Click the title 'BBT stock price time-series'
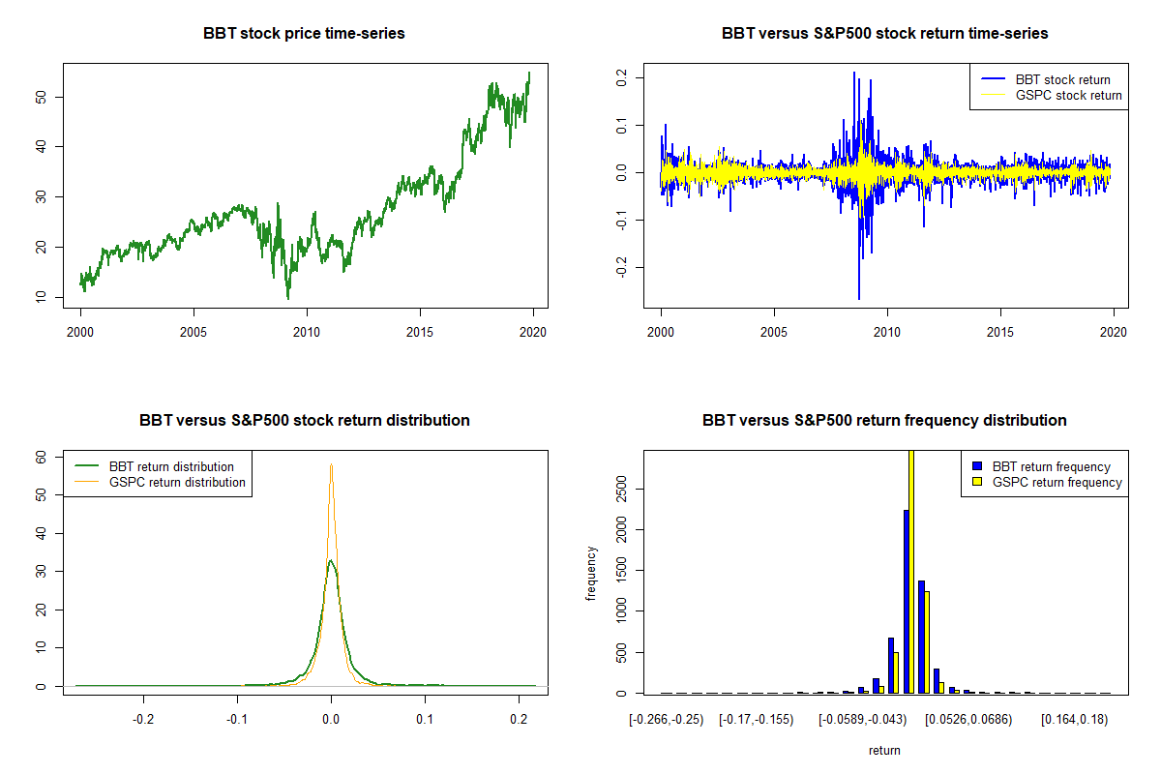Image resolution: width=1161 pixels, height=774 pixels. tap(304, 34)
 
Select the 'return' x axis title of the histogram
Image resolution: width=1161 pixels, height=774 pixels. tap(884, 750)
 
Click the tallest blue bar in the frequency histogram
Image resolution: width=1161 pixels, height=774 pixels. tap(907, 600)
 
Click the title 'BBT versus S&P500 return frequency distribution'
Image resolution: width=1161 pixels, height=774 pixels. tap(884, 421)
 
